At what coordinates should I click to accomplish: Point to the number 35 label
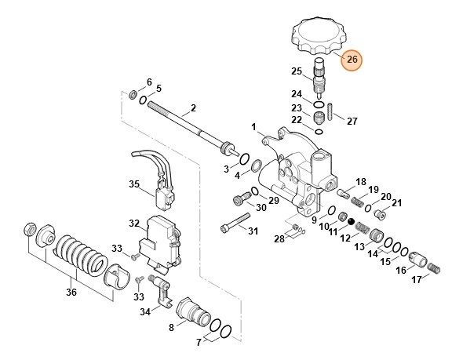(x=134, y=185)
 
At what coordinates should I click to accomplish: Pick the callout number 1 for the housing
(x=253, y=127)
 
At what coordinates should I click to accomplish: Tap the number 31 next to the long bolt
(x=253, y=231)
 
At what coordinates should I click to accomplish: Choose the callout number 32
(x=134, y=223)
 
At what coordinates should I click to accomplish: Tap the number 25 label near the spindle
(x=297, y=71)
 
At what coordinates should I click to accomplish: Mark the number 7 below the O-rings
(x=199, y=342)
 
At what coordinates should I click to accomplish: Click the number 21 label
(x=396, y=203)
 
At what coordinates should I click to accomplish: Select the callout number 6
(x=149, y=82)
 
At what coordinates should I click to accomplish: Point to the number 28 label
(x=279, y=238)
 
